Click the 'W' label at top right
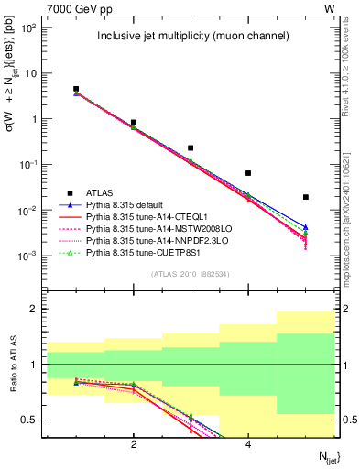tap(329, 8)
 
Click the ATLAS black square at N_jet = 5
tap(306, 197)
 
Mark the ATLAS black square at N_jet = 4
tap(248, 173)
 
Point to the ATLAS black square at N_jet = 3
tap(191, 147)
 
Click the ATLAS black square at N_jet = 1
tap(76, 89)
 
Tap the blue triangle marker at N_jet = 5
tap(306, 226)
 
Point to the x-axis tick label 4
tap(248, 444)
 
